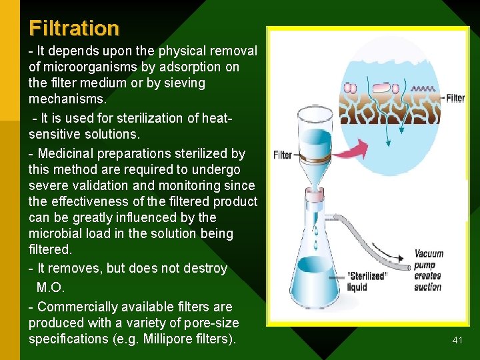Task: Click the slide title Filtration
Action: (74, 28)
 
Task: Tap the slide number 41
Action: (457, 340)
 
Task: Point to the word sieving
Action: (183, 83)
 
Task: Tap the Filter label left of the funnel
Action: (283, 155)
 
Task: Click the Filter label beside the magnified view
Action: (455, 98)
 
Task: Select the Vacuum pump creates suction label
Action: (428, 270)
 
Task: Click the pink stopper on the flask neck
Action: (315, 197)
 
